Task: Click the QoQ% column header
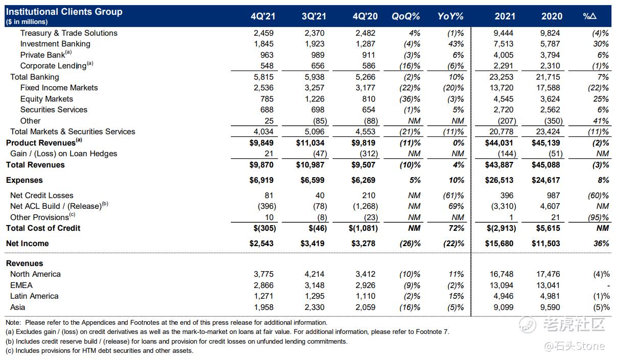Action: point(406,16)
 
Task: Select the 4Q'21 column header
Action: point(263,16)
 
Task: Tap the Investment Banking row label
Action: point(55,44)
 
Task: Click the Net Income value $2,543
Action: point(262,244)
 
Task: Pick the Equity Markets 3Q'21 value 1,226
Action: point(315,99)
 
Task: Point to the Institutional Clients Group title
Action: point(64,12)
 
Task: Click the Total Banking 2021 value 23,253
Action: point(501,77)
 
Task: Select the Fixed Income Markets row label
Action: point(59,88)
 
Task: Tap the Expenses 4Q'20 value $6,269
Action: point(363,180)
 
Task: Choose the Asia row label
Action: point(18,307)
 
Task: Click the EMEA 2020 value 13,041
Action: point(548,285)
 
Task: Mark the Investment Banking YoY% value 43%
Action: point(456,44)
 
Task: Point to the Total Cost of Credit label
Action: point(43,228)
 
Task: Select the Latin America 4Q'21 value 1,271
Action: point(264,296)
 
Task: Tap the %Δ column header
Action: point(589,16)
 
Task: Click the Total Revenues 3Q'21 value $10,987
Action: point(310,165)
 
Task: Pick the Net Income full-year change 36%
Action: point(601,244)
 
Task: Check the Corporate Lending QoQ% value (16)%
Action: point(410,66)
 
